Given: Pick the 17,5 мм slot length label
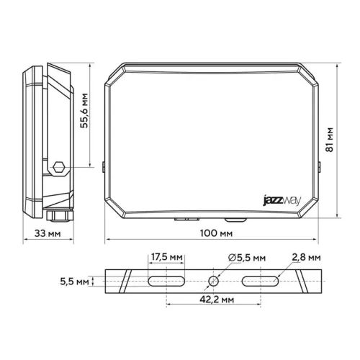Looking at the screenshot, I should coord(167,257).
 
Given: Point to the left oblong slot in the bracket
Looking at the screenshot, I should coord(167,281).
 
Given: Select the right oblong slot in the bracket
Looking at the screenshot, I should coord(259,281).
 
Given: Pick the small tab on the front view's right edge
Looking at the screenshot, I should coord(318,167).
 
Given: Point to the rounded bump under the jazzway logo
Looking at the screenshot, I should coord(233,218).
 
